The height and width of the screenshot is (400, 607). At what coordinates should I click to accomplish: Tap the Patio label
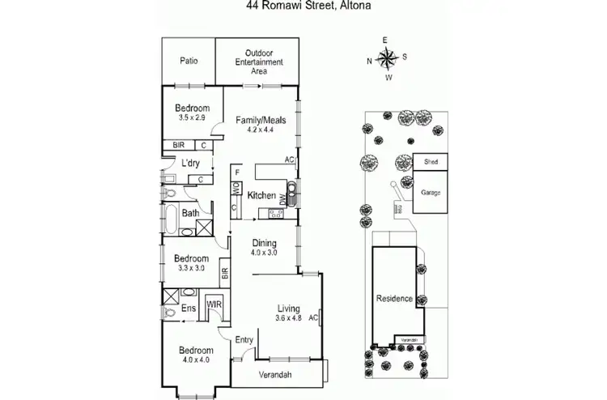coord(189,61)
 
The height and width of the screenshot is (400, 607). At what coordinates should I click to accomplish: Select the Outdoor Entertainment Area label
coord(257,62)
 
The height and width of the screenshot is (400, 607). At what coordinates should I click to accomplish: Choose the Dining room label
coord(265,243)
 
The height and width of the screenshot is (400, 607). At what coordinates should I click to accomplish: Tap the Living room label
coord(289,309)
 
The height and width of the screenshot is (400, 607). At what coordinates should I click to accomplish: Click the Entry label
coord(244,339)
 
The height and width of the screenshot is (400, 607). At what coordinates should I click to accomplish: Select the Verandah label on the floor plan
coord(276,374)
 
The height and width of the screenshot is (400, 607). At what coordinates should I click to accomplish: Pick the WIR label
coord(214,304)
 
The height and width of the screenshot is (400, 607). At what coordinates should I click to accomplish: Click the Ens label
coord(188,308)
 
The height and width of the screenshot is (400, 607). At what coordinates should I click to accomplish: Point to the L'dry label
coord(191,163)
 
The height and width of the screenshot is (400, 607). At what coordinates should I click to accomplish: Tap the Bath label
coord(190,214)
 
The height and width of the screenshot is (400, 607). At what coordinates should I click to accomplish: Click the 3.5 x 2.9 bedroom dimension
coord(193,118)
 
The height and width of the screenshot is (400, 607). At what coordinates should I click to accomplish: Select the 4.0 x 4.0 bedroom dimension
coord(194,360)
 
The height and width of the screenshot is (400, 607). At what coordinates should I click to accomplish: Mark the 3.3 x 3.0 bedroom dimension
coord(191,268)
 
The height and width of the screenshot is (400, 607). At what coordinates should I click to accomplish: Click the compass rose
coord(388,58)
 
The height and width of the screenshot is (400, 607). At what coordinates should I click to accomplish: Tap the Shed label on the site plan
coord(429,162)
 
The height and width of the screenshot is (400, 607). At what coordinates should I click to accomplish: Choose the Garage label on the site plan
coord(431,194)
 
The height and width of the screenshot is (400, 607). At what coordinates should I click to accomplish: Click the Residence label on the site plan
coord(394,299)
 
